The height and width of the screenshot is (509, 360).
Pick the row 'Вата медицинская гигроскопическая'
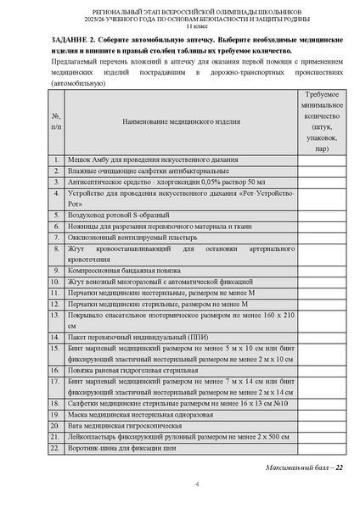(x=124, y=425)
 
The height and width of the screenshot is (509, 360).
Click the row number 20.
(x=55, y=425)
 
